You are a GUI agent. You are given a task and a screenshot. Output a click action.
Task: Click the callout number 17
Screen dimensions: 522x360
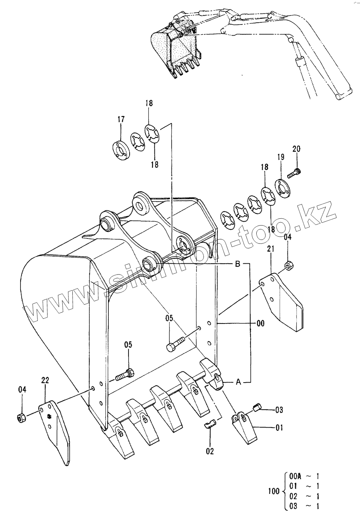(121, 119)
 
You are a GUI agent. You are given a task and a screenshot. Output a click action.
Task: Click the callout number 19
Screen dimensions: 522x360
(281, 157)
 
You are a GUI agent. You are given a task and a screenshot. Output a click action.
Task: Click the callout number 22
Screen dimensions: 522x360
(45, 380)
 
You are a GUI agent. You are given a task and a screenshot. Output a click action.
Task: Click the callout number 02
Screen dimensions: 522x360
(210, 451)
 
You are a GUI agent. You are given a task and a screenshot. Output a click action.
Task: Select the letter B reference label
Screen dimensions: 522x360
(237, 264)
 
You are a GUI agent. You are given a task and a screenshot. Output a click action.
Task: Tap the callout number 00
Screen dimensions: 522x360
(260, 324)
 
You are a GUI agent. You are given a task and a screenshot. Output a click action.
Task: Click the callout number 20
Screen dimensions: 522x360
(297, 149)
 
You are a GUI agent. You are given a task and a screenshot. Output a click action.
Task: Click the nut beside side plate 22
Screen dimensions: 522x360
(21, 418)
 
